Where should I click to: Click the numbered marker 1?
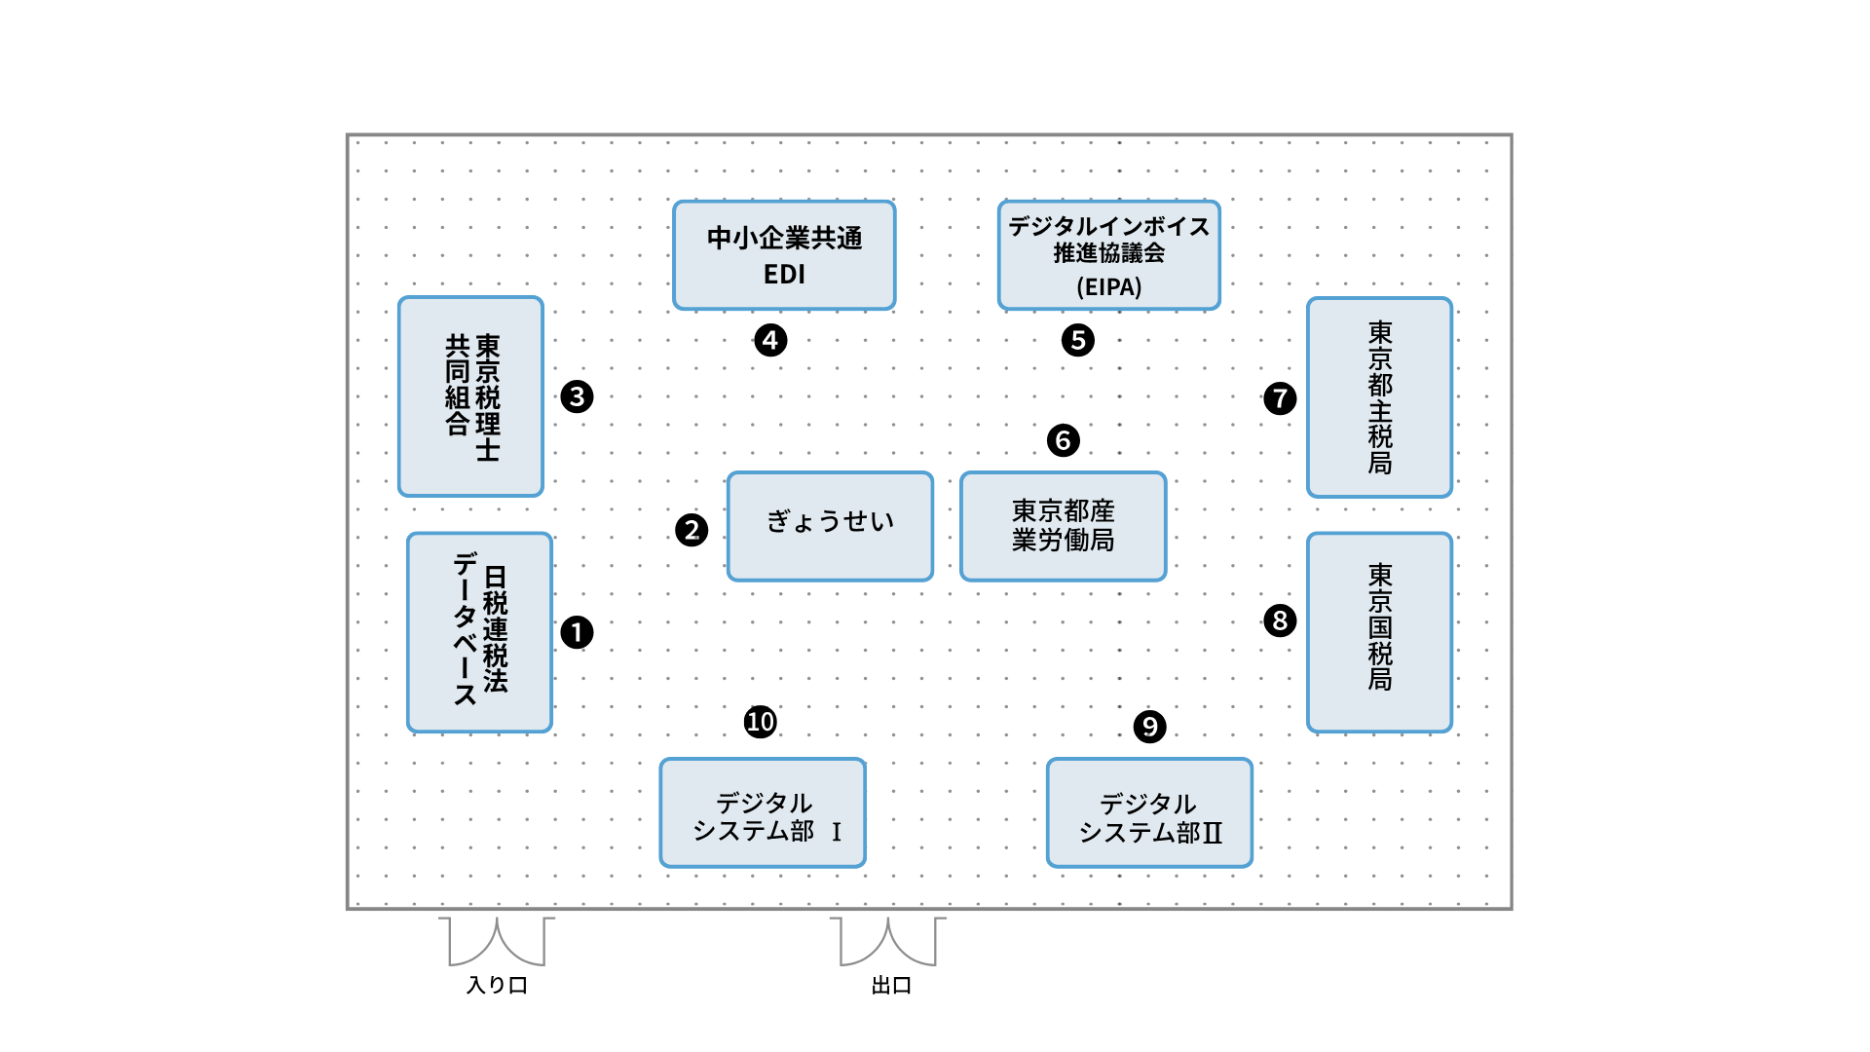[577, 632]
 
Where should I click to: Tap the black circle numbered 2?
[692, 530]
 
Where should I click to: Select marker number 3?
[577, 396]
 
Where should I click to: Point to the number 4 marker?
[770, 340]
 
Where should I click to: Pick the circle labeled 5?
[1077, 340]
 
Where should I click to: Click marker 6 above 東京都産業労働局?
[1063, 440]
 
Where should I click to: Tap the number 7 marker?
[1280, 397]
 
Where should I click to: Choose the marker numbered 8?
[1280, 620]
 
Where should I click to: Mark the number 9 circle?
[1149, 727]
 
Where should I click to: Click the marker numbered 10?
[760, 722]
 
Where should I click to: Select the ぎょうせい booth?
[830, 526]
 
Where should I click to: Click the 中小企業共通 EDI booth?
[784, 255]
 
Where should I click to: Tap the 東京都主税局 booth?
[1379, 397]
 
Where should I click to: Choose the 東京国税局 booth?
[1379, 632]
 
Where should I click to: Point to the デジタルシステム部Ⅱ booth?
[1149, 812]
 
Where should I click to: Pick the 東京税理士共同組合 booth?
[470, 396]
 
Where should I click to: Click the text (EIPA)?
[1108, 287]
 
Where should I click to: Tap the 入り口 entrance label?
[497, 985]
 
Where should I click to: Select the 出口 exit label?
[891, 985]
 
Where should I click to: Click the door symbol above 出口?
[888, 941]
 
